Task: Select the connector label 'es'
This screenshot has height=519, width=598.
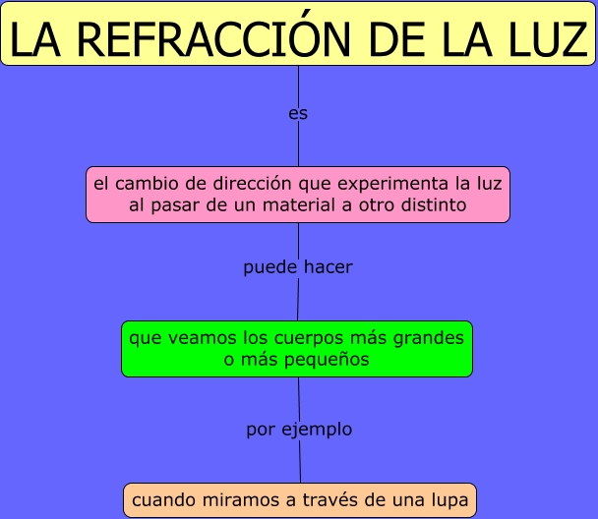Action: [x=298, y=114]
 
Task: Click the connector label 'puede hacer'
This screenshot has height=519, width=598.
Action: [x=297, y=267]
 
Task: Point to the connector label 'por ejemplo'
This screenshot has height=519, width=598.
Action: [x=299, y=430]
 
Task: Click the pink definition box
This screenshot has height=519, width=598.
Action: [x=298, y=195]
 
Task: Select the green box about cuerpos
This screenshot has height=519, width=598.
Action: [x=297, y=349]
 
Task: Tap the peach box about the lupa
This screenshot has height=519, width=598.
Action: [x=300, y=500]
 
